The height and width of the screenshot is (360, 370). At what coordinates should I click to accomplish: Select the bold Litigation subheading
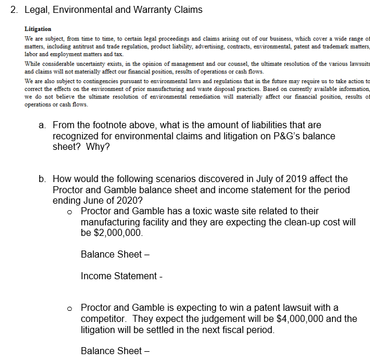point(37,29)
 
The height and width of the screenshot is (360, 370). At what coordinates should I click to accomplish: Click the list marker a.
point(43,125)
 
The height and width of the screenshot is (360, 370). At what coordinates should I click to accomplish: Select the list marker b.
point(43,179)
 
